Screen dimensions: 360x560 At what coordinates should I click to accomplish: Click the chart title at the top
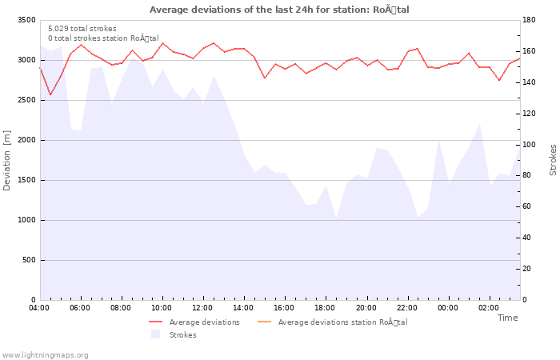(279, 10)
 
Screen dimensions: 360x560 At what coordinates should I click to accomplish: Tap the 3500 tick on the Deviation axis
(26, 20)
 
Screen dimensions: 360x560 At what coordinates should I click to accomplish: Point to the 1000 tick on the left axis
(26, 220)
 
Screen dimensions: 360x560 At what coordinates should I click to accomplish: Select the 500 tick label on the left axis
(28, 260)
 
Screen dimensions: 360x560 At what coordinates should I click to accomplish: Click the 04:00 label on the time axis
(39, 308)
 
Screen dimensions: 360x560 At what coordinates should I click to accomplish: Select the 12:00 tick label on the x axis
(202, 308)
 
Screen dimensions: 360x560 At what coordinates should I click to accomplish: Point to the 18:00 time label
(325, 308)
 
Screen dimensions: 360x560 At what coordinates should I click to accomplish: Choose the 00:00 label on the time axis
(447, 308)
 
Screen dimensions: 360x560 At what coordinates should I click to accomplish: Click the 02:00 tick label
(488, 308)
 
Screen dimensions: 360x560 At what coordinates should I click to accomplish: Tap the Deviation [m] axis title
(7, 160)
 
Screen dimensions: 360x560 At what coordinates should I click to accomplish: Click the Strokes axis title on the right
(553, 160)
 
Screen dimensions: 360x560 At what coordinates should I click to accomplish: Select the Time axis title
(507, 318)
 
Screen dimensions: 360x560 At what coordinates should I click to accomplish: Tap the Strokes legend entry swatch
(155, 334)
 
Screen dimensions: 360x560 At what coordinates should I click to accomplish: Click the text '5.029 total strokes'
(82, 29)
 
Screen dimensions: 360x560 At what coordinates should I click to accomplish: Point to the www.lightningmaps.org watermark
(46, 354)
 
